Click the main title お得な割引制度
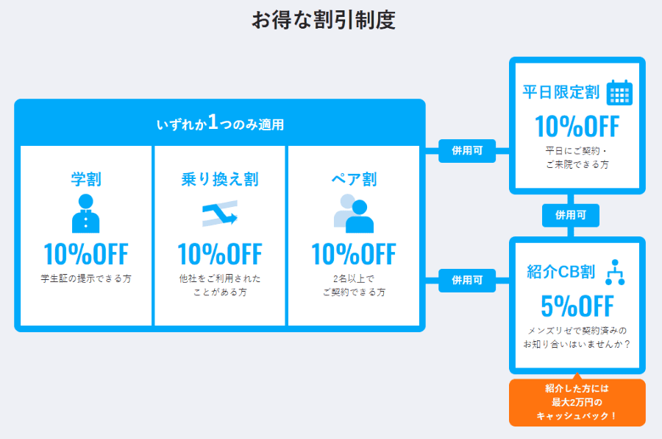(x=324, y=20)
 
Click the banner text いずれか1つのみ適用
(x=220, y=123)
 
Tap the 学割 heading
(x=86, y=179)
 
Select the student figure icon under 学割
(x=86, y=213)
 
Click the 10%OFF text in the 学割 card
(x=86, y=254)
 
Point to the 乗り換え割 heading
(x=220, y=179)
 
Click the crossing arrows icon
(x=220, y=214)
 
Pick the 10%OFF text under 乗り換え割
(x=220, y=254)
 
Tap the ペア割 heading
(x=354, y=179)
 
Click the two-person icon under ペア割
(x=354, y=213)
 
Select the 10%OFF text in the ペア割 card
(x=354, y=254)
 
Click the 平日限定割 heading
(x=561, y=92)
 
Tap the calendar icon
(x=620, y=92)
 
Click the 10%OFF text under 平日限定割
(x=577, y=127)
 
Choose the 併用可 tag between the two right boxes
(x=571, y=215)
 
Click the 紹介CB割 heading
(x=561, y=272)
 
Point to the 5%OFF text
(x=577, y=306)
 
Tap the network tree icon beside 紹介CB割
(x=615, y=273)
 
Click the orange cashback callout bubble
(x=577, y=402)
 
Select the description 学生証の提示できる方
(x=86, y=278)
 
